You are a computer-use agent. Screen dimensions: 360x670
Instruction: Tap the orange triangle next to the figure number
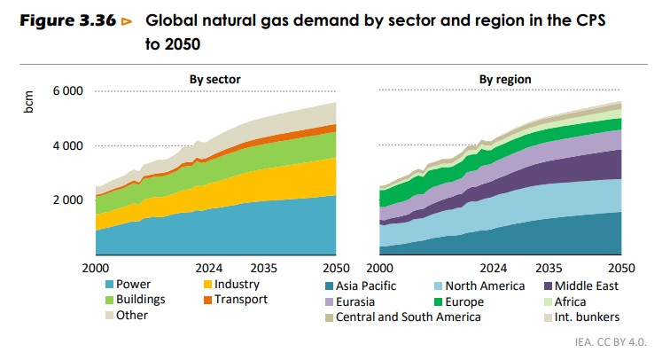click(x=127, y=20)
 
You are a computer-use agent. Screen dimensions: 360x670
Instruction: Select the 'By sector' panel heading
click(x=214, y=80)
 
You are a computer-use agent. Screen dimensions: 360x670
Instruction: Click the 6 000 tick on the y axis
click(x=67, y=91)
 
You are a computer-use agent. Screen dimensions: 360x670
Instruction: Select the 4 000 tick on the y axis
click(x=67, y=145)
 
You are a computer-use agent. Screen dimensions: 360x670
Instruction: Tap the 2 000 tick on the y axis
click(x=67, y=200)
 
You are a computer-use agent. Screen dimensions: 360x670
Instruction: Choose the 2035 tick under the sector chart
click(x=262, y=268)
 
